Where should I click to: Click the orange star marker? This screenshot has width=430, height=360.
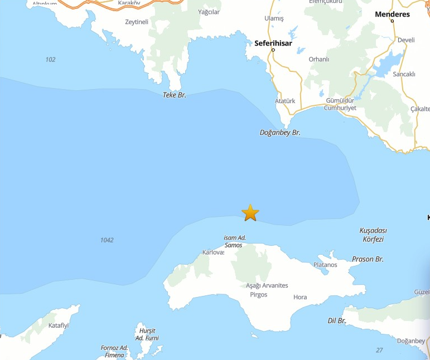click(x=250, y=212)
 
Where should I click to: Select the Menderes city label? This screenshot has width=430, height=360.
click(x=392, y=14)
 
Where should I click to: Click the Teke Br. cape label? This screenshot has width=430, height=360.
click(x=174, y=95)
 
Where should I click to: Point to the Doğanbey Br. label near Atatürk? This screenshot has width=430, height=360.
click(x=280, y=133)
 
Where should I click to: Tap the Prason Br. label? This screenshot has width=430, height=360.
click(x=368, y=259)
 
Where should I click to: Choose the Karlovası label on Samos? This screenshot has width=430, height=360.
click(x=213, y=252)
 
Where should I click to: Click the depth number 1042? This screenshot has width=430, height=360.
click(x=107, y=240)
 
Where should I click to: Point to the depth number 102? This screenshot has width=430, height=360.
click(x=51, y=59)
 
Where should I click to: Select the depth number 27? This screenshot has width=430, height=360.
click(x=379, y=350)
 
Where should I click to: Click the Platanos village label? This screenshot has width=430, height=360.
click(x=325, y=265)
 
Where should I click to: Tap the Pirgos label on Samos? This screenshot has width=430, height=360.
click(x=259, y=294)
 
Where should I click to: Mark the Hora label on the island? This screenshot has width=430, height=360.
click(x=300, y=297)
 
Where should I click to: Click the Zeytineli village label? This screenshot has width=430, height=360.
click(x=137, y=22)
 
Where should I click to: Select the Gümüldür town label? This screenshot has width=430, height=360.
click(x=340, y=100)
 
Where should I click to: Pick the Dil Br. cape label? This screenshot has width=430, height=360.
click(x=337, y=321)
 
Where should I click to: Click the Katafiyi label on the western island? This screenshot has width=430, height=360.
click(x=59, y=325)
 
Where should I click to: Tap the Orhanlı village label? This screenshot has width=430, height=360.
click(x=319, y=59)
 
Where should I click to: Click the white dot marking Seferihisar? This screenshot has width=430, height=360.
click(x=273, y=50)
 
